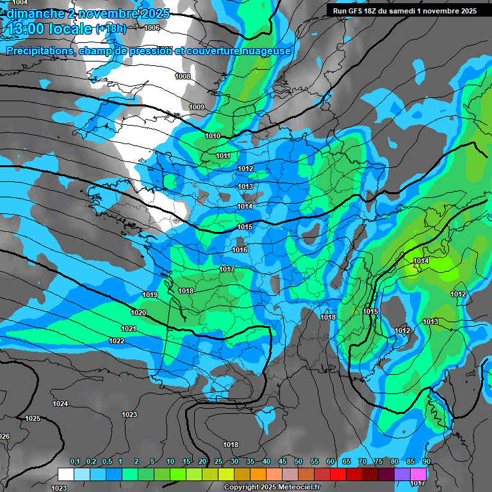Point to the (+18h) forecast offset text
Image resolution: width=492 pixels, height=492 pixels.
coord(110,29)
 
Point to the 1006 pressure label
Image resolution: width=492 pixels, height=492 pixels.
coord(152,28)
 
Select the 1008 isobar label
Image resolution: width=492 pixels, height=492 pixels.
coord(183,76)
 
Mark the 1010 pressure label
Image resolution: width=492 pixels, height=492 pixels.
coord(213,136)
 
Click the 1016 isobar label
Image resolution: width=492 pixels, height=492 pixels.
coord(240,250)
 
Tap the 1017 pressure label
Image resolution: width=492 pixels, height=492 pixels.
coord(226,269)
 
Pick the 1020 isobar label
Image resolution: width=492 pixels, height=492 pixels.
coord(138,313)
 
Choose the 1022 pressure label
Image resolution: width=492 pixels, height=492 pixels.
coord(117,341)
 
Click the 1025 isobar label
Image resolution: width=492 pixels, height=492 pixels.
coord(33,418)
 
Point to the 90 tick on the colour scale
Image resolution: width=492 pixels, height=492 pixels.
coord(426,462)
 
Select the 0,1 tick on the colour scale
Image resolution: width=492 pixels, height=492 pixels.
coord(75,462)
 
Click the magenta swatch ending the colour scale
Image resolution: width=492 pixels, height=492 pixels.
coord(418,474)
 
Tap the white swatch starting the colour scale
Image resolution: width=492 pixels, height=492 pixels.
coord(66,474)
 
